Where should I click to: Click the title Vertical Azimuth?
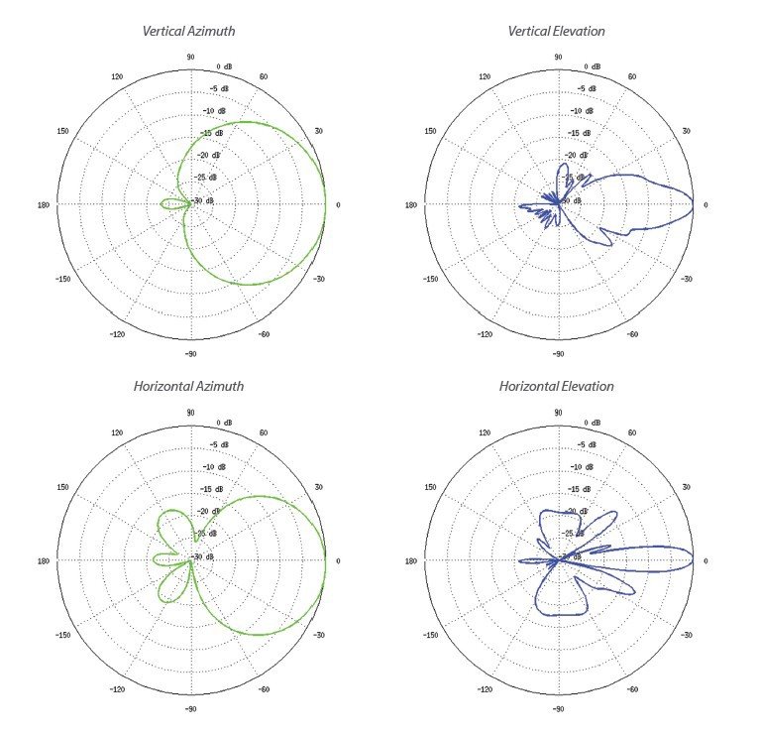pyautogui.click(x=190, y=31)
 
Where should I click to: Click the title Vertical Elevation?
pyautogui.click(x=556, y=31)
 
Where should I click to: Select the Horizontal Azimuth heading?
pyautogui.click(x=188, y=386)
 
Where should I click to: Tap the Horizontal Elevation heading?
pyautogui.click(x=556, y=386)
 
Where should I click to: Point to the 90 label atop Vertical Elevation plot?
pyautogui.click(x=559, y=58)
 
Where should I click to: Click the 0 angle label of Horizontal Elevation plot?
pyautogui.click(x=705, y=561)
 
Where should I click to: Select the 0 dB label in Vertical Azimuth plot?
pyautogui.click(x=225, y=66)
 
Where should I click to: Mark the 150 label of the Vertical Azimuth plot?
pyautogui.click(x=64, y=131)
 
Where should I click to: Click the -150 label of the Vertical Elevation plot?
pyautogui.click(x=431, y=279)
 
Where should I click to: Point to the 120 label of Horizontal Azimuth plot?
pyautogui.click(x=117, y=432)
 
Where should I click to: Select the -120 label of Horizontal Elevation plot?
pyautogui.click(x=485, y=689)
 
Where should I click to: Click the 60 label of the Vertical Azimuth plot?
pyautogui.click(x=265, y=76)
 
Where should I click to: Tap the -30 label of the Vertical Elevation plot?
pyautogui.click(x=687, y=279)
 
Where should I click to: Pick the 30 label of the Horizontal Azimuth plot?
pyautogui.click(x=319, y=487)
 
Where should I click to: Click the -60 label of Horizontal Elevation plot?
pyautogui.click(x=632, y=689)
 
